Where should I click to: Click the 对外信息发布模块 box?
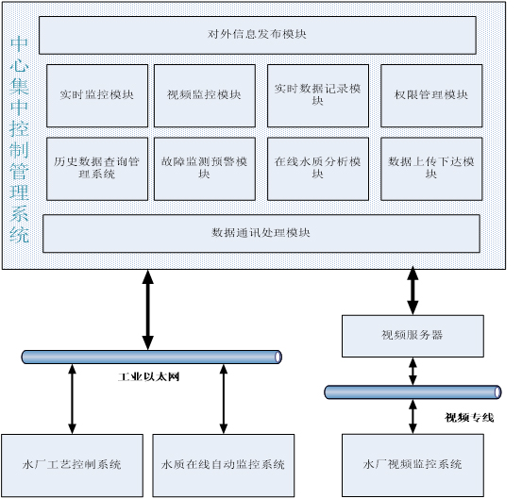click(x=258, y=35)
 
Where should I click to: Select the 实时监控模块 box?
click(x=97, y=96)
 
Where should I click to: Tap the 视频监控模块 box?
click(x=205, y=96)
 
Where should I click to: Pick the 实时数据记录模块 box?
click(x=318, y=96)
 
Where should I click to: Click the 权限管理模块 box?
click(x=431, y=96)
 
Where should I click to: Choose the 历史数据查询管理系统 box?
click(x=97, y=169)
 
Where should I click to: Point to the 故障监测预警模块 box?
click(x=205, y=169)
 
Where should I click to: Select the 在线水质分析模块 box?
click(x=318, y=169)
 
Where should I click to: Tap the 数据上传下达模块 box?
click(x=431, y=169)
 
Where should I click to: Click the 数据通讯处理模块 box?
click(x=261, y=234)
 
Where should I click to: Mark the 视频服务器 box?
click(x=413, y=337)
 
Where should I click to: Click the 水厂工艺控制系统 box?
click(x=73, y=465)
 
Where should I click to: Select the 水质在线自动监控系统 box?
click(x=224, y=465)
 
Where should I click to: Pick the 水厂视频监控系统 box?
click(x=413, y=465)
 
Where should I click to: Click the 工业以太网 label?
click(x=149, y=377)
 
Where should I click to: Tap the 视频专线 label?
click(x=469, y=418)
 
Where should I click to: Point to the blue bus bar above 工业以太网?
click(x=152, y=357)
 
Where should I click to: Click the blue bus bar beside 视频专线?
click(x=413, y=392)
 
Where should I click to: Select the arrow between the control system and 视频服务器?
click(x=413, y=291)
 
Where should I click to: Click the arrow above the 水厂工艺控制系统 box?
click(x=73, y=399)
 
